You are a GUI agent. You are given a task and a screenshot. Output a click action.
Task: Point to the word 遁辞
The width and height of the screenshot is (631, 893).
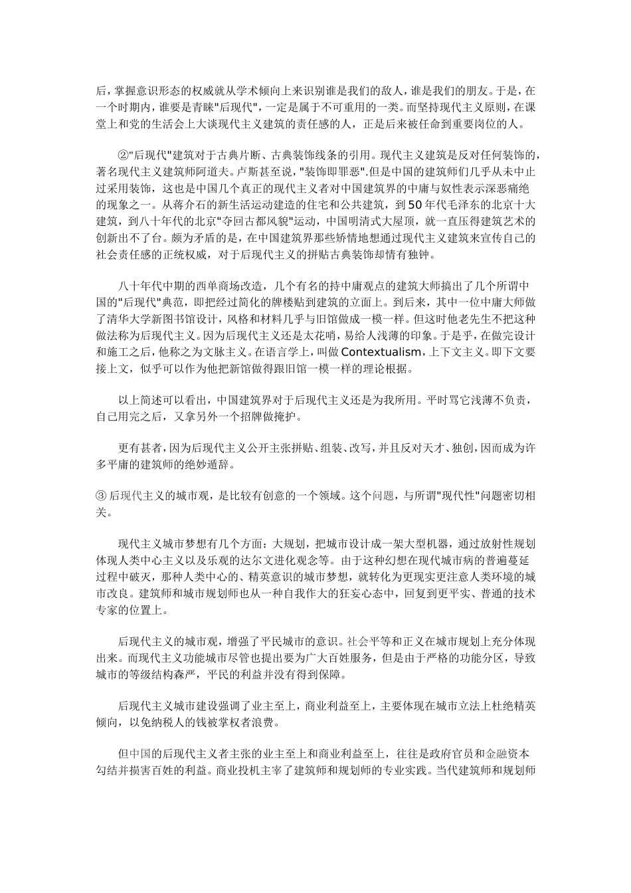[x=221, y=464]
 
